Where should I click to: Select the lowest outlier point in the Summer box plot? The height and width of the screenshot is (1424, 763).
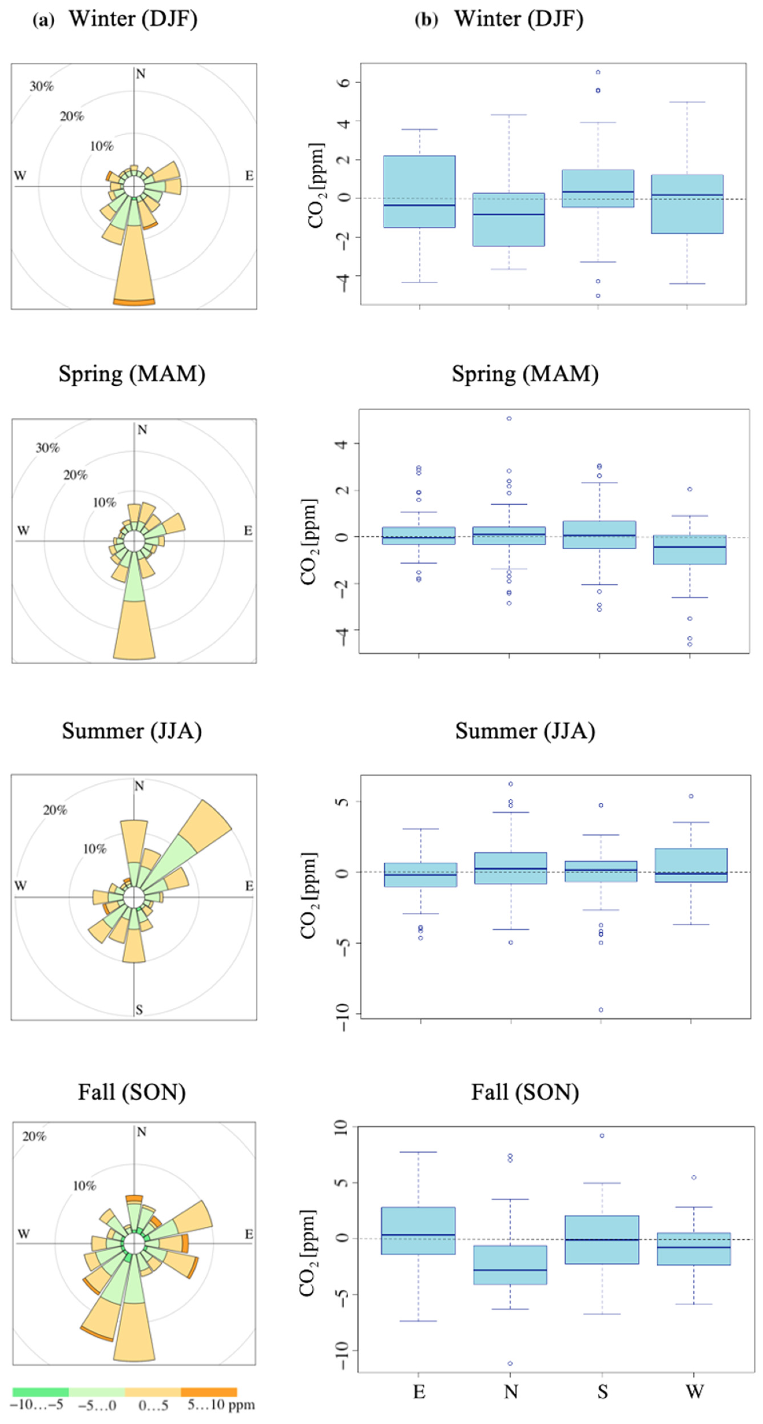tap(601, 1010)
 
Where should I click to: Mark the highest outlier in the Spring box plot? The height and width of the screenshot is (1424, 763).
tap(509, 418)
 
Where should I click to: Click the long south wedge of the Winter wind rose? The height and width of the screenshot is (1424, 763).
tap(134, 265)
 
